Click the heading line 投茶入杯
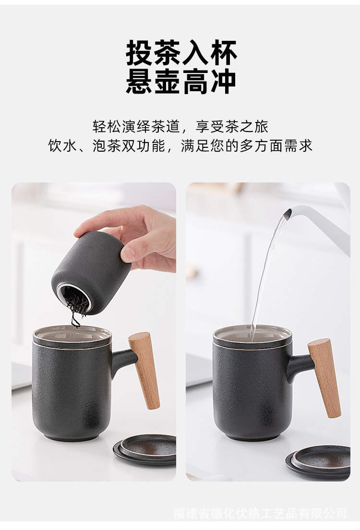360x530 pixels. [x=181, y=53]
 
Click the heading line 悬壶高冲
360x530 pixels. [x=181, y=81]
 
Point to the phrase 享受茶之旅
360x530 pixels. [x=232, y=127]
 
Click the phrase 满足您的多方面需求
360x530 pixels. [x=246, y=145]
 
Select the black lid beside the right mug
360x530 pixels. [x=318, y=462]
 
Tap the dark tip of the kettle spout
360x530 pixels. [x=288, y=213]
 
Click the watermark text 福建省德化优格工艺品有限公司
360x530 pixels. [x=260, y=513]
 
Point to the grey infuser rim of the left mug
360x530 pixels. [x=72, y=335]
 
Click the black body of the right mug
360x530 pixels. [x=252, y=392]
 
